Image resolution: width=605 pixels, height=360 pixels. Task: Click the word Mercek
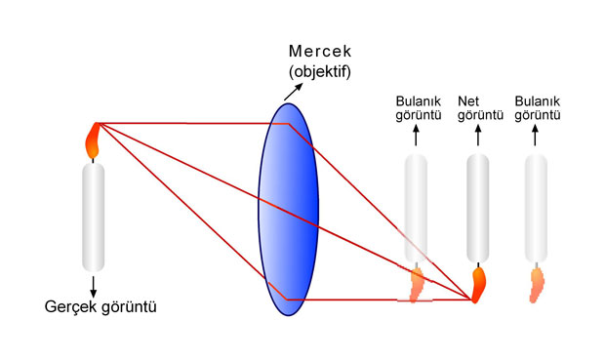click(320, 51)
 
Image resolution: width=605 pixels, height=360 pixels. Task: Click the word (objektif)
click(320, 72)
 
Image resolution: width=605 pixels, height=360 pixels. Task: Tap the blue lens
click(288, 210)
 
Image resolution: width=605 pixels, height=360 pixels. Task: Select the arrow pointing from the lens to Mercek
click(294, 92)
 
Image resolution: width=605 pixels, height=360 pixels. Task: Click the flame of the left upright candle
click(93, 140)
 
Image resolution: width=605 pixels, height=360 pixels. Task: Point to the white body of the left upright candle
click(93, 218)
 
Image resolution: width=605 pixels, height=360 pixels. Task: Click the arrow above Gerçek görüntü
click(93, 286)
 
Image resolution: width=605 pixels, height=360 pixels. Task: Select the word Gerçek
click(70, 307)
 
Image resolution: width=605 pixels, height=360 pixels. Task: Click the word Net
click(468, 101)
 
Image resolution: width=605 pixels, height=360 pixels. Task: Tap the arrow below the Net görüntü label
click(478, 135)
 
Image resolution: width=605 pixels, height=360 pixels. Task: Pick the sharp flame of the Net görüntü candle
click(478, 285)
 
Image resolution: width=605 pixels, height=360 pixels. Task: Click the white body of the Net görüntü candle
click(478, 208)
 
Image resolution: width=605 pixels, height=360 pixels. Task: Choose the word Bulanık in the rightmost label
click(537, 101)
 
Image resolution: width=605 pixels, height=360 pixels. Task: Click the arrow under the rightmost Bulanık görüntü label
click(535, 135)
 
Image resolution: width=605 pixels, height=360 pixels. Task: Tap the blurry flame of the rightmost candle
click(537, 286)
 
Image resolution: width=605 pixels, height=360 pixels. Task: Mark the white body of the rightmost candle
click(536, 209)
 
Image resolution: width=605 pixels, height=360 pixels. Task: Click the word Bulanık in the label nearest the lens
click(419, 101)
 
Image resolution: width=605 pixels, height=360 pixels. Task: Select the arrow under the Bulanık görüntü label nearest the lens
click(416, 135)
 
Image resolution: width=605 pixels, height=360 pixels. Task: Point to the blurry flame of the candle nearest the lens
click(417, 285)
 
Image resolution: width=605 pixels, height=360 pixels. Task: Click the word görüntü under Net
click(480, 115)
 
